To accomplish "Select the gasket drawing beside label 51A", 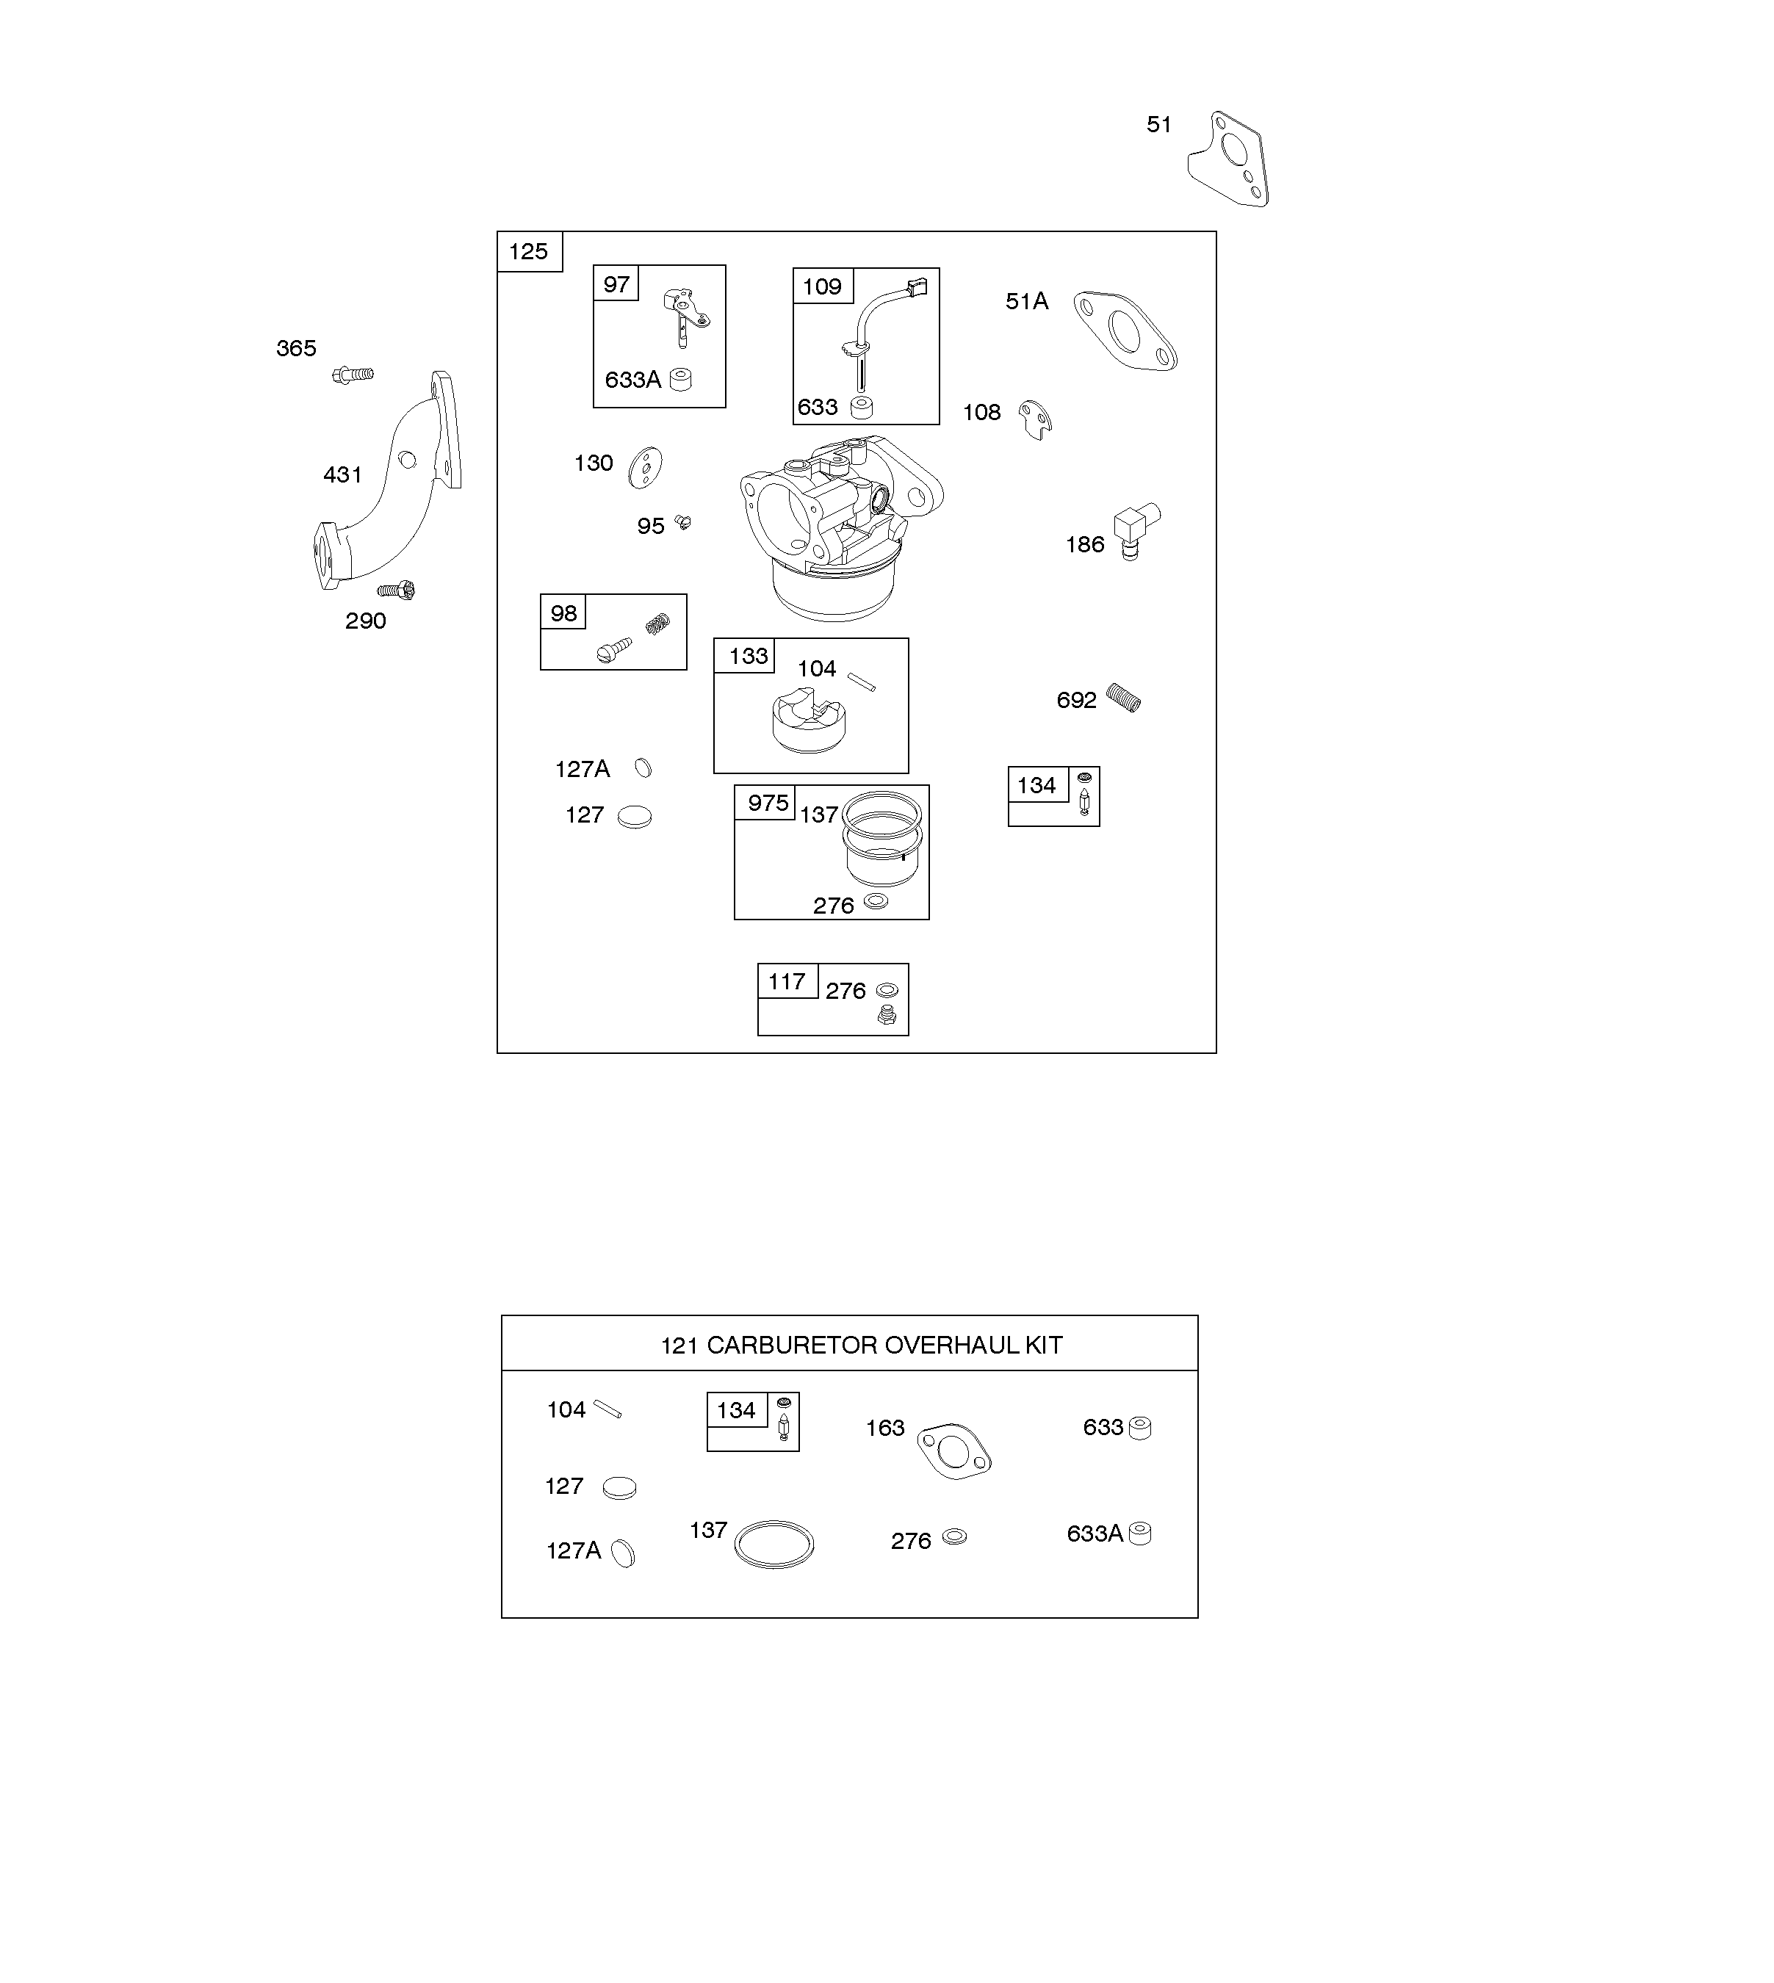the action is click(1126, 331).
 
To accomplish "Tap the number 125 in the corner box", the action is click(528, 251).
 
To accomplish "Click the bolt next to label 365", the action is click(353, 374).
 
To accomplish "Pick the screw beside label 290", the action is click(397, 590).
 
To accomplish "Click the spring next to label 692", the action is click(1124, 698).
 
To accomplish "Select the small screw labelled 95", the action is click(683, 522).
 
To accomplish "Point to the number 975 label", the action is click(768, 803).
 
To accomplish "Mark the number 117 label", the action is click(787, 981).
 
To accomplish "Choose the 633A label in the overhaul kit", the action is click(1095, 1534).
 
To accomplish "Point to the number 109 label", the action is click(822, 286).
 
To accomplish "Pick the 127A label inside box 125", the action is click(582, 770).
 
